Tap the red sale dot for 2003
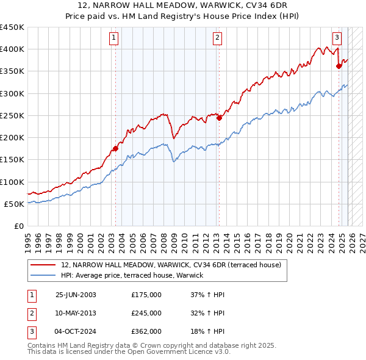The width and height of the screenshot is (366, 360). [x=115, y=148]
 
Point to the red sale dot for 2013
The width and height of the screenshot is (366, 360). [x=218, y=118]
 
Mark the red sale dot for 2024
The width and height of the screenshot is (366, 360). [x=339, y=67]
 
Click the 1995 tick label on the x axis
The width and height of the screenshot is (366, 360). [x=28, y=238]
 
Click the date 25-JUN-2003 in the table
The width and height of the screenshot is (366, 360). [x=76, y=295]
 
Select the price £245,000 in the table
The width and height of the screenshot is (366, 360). [x=146, y=313]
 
